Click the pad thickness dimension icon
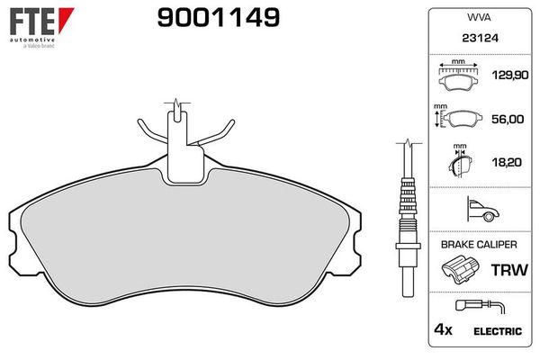click(x=460, y=162)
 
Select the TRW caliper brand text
click(x=506, y=270)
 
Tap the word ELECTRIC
click(x=498, y=331)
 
